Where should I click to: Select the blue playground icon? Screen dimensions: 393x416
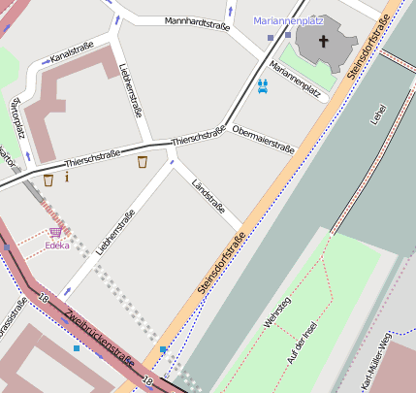pyautogui.click(x=263, y=85)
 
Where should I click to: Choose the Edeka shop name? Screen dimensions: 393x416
pyautogui.click(x=57, y=246)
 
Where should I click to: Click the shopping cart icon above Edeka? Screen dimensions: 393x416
pyautogui.click(x=56, y=231)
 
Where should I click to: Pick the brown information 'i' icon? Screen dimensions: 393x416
pyautogui.click(x=66, y=177)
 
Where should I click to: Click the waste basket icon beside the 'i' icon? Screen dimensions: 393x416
pyautogui.click(x=48, y=179)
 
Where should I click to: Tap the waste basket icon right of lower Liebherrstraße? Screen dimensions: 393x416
pyautogui.click(x=143, y=161)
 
